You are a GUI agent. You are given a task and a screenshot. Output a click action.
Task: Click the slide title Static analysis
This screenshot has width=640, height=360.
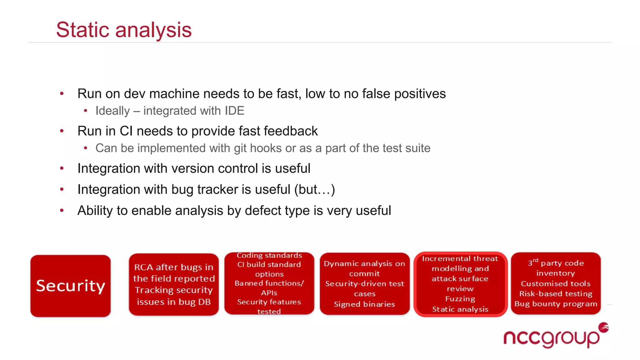click(124, 30)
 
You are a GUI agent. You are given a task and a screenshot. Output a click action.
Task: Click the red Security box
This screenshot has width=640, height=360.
click(71, 286)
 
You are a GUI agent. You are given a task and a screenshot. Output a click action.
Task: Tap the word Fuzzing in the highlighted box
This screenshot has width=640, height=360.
click(460, 299)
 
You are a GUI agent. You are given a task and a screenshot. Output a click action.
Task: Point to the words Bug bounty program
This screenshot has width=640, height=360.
click(556, 304)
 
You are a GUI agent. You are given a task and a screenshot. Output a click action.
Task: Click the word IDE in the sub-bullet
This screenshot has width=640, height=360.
click(234, 111)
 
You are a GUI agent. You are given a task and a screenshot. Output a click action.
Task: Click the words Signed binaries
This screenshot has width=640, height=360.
click(364, 304)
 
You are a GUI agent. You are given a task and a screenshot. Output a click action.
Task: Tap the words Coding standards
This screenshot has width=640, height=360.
click(269, 255)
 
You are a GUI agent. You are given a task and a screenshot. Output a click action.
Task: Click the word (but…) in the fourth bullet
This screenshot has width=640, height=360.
click(314, 189)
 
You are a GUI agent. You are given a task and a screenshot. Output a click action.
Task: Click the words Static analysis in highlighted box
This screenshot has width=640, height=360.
click(460, 309)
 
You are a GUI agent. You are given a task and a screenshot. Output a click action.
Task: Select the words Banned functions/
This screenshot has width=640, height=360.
click(269, 283)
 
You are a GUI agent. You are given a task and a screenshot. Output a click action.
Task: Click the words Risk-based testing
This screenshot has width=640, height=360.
click(556, 294)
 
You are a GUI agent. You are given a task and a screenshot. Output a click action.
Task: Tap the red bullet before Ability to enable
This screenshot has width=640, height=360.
click(62, 210)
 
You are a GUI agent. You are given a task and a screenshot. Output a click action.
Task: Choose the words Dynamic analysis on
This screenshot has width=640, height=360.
click(364, 263)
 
